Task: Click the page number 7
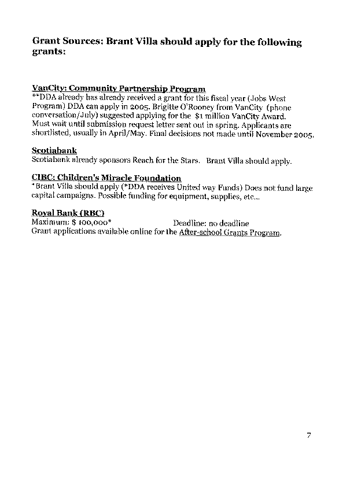[309, 436]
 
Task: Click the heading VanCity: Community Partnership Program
[119, 88]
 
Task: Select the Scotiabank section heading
[54, 150]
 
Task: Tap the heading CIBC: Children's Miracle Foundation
[106, 178]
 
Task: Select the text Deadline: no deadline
[211, 223]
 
